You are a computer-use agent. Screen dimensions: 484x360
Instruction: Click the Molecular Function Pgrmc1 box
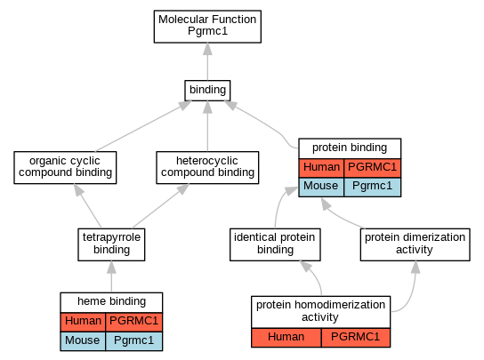[x=207, y=27]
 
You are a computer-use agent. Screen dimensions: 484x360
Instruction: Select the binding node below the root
[x=207, y=91]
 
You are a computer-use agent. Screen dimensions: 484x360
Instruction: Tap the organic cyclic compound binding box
[x=65, y=167]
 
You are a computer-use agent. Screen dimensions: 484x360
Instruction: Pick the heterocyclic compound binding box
[x=207, y=167]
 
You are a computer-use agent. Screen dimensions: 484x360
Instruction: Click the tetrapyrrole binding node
[x=111, y=244]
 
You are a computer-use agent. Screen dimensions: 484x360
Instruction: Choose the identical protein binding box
[x=275, y=244]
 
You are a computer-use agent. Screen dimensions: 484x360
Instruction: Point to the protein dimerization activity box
[x=415, y=244]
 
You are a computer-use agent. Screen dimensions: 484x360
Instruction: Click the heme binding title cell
[x=111, y=302]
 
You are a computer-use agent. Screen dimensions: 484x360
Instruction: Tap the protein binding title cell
[x=350, y=148]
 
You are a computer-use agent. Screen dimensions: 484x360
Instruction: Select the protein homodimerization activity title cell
[x=320, y=312]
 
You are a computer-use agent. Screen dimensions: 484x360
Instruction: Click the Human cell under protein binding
[x=321, y=168]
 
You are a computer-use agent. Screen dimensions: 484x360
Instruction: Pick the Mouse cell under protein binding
[x=321, y=188]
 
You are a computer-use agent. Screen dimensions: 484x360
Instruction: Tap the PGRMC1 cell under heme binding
[x=134, y=322]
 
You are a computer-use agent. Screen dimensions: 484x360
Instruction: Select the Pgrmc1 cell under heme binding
[x=134, y=341]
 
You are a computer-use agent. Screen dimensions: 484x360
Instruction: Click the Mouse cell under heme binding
[x=83, y=341]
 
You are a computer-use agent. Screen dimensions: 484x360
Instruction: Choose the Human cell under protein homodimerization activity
[x=286, y=338]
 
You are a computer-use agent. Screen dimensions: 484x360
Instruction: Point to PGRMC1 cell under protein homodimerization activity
[x=356, y=338]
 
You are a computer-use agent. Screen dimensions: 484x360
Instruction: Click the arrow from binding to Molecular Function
[x=207, y=61]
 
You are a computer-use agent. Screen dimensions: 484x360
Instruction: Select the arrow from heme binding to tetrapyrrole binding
[x=111, y=276]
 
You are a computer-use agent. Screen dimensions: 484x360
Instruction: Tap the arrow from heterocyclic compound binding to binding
[x=207, y=126]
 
